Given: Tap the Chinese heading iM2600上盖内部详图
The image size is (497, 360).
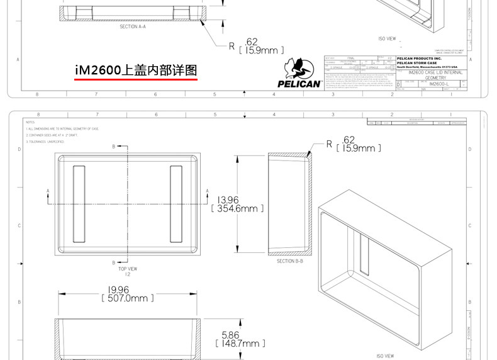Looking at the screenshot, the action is coord(136,70).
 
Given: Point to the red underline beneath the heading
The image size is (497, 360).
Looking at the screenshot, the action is coord(136,80).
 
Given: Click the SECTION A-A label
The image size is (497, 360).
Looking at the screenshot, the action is coord(133,27).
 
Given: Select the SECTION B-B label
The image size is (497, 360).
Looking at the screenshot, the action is coord(290,260).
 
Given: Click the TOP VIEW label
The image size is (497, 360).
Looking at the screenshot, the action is coord(128,269).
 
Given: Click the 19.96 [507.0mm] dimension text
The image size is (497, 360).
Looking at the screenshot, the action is coord(128,294).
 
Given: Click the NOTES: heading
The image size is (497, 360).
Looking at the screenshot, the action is coord(30,122).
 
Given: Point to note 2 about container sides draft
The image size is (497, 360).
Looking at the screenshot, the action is coord(62,135).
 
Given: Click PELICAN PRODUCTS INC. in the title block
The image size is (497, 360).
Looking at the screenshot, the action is coord(420,58).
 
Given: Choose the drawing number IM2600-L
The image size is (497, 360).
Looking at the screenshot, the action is coord(438,83).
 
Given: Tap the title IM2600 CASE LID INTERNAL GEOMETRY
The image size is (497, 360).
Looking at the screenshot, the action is coord(435,74).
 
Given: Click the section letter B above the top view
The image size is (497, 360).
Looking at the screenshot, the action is coord(114,146).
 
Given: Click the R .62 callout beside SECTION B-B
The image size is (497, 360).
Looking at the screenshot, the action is coord(354,144).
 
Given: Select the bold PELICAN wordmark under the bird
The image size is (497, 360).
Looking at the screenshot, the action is coord(299,84).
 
